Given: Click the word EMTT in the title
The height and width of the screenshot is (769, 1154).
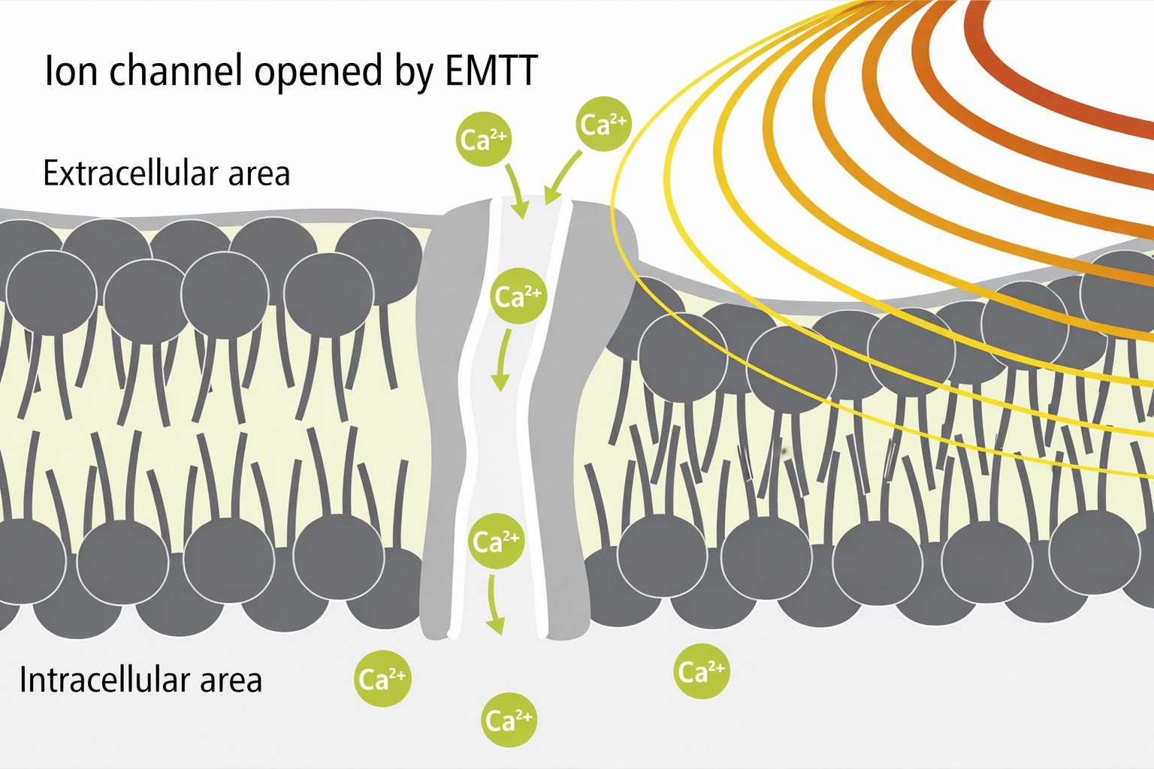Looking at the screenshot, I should tap(491, 72).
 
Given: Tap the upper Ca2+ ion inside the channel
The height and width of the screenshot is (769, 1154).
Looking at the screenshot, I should tap(518, 297).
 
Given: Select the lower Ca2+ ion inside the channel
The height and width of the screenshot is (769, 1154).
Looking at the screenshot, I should tap(496, 541).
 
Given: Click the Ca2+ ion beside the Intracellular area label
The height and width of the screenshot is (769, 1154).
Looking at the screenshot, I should tap(382, 679).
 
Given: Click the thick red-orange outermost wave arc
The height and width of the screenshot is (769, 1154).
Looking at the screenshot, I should tap(1052, 90).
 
